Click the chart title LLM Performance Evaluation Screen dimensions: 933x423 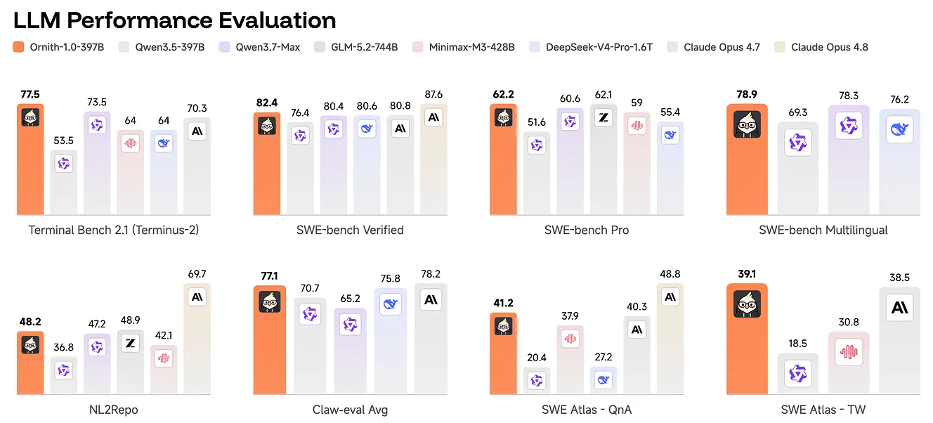(x=174, y=20)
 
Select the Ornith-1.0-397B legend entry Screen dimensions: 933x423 (x=58, y=47)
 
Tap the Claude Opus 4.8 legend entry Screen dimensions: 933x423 (x=821, y=47)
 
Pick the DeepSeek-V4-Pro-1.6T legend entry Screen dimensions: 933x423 (x=591, y=47)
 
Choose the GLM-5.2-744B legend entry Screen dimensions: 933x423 (x=355, y=47)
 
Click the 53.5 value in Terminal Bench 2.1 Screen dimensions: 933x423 (x=63, y=141)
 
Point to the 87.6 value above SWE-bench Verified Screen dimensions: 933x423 (x=433, y=95)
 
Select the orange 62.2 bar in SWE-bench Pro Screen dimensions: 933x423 (x=503, y=160)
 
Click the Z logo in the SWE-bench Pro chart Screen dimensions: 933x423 (x=603, y=118)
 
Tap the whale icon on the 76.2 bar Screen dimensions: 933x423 (x=900, y=129)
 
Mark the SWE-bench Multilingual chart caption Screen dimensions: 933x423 (x=823, y=230)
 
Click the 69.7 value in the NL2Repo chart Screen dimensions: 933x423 (x=197, y=274)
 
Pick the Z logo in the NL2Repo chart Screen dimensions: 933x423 (x=131, y=344)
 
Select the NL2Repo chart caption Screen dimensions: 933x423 (x=114, y=410)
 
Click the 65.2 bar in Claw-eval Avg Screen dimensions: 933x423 (x=351, y=351)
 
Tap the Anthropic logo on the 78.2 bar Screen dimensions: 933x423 (x=431, y=300)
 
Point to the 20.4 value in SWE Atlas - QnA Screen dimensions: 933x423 (x=537, y=358)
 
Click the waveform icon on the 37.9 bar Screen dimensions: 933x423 (x=570, y=339)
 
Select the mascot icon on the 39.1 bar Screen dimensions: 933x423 (x=748, y=304)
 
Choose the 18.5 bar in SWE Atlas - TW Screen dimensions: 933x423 (x=797, y=373)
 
